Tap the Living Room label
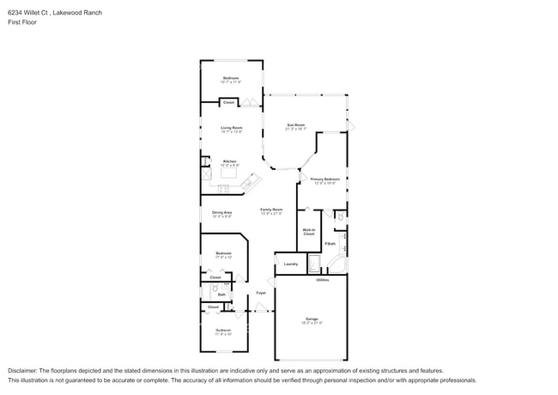click(231, 128)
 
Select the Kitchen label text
click(230, 161)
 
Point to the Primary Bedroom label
click(325, 179)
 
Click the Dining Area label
click(222, 212)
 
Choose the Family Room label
click(272, 209)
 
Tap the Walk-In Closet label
click(309, 231)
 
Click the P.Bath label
click(330, 244)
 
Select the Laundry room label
click(290, 264)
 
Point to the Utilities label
click(323, 279)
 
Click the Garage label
click(311, 319)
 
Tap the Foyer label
click(260, 293)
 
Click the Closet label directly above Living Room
click(228, 102)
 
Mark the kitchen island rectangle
click(227, 172)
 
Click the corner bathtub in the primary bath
click(337, 264)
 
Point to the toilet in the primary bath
click(340, 218)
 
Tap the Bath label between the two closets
click(221, 295)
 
